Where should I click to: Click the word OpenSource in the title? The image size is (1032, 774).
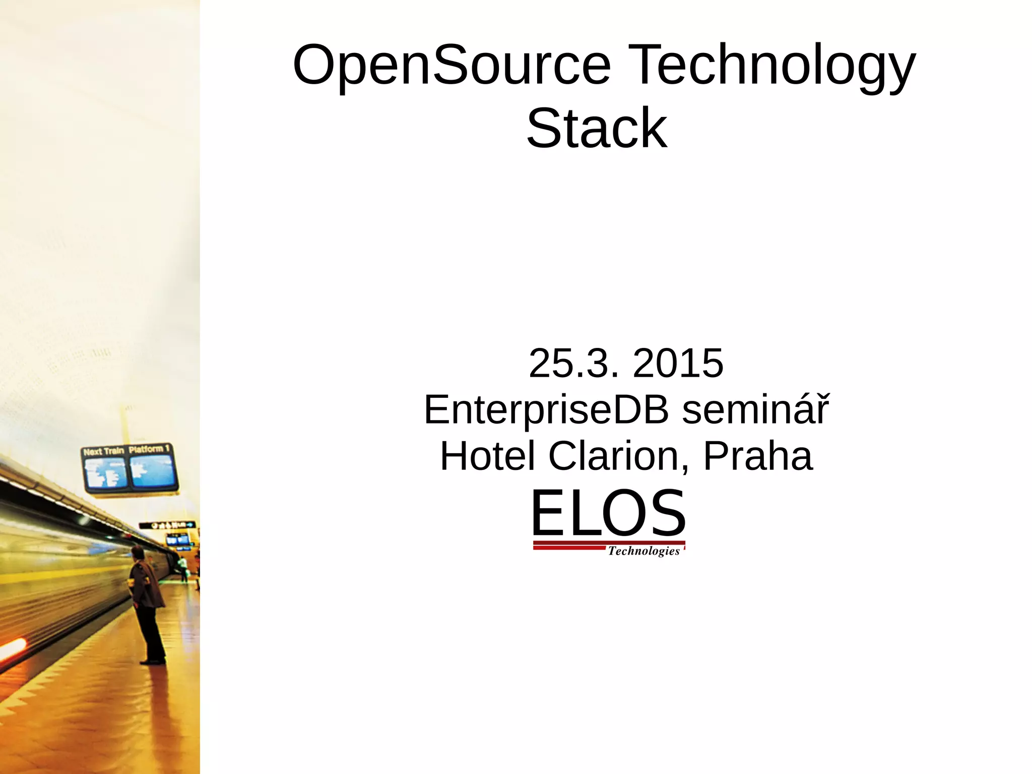(x=451, y=66)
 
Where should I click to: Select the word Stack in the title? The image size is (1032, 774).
(x=597, y=129)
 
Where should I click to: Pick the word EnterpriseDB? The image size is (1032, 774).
(x=546, y=409)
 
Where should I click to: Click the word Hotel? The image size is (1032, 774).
(x=487, y=456)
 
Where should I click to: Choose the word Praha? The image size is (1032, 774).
(x=757, y=456)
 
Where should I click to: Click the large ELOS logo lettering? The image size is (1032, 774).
(x=608, y=513)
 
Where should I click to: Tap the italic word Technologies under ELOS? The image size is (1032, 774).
(x=643, y=551)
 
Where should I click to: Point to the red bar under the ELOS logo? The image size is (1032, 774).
(x=569, y=547)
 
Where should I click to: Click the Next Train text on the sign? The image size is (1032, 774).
(x=103, y=451)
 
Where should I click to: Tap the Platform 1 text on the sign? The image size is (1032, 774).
(x=149, y=449)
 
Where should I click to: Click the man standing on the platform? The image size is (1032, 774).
(x=147, y=605)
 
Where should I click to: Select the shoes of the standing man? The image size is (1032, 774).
(x=153, y=661)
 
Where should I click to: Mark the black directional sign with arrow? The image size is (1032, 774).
(x=167, y=525)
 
